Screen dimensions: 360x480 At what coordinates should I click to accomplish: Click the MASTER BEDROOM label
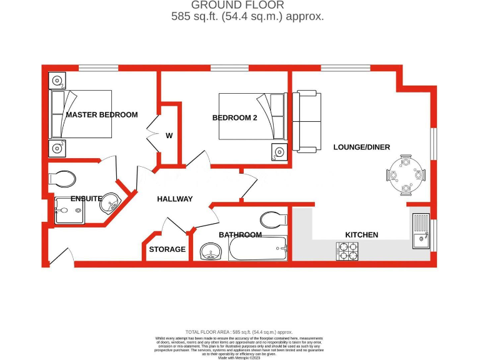click(101, 115)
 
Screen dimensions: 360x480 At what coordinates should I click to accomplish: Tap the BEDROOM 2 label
click(234, 117)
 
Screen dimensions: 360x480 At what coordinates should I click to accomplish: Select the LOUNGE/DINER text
click(361, 147)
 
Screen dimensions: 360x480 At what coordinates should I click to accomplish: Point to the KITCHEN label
click(362, 235)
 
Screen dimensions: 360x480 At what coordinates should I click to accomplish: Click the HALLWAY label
click(174, 199)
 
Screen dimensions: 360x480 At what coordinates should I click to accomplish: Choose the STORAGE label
click(167, 249)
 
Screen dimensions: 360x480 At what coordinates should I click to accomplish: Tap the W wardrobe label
click(169, 136)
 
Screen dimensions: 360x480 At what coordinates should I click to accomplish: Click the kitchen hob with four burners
click(347, 251)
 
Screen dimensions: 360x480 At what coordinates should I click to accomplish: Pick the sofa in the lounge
click(306, 121)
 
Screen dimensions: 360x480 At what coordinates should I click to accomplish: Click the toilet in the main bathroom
click(272, 219)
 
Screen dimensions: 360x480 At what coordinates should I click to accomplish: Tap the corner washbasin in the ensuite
click(112, 202)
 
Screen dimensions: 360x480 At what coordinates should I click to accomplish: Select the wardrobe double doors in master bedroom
click(152, 129)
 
